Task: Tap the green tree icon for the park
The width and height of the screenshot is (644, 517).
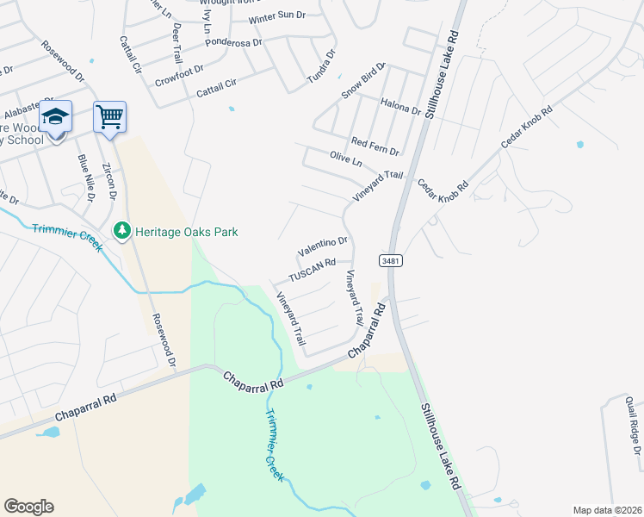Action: tap(122, 230)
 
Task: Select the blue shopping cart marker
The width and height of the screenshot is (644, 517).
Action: tap(110, 116)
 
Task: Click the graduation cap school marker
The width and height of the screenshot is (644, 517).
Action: tap(55, 116)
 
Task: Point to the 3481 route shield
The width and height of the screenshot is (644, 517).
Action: tap(391, 259)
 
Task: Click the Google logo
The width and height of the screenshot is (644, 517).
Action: tap(28, 507)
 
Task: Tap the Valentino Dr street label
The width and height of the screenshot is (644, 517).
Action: tap(323, 247)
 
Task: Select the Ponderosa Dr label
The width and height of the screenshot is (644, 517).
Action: tap(210, 46)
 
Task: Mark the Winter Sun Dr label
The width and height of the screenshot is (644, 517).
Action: tap(277, 18)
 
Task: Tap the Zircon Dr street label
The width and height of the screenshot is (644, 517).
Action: tap(109, 182)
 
